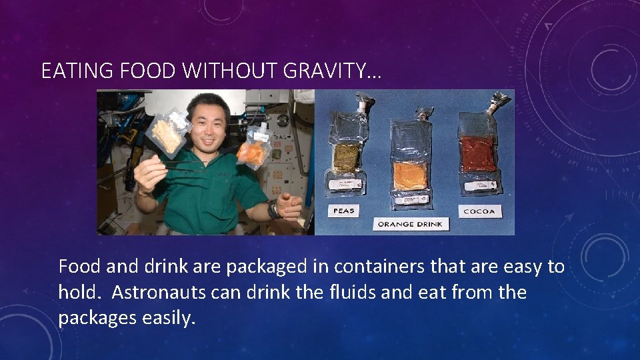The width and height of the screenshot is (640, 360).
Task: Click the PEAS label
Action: click(344, 211)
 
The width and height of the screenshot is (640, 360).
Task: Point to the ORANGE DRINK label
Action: click(411, 224)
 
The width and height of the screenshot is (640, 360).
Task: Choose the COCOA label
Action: click(478, 211)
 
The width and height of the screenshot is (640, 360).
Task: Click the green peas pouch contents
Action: click(346, 157)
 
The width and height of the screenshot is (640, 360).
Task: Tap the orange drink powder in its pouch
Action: click(411, 175)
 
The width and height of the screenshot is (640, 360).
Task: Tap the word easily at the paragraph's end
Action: click(169, 318)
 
